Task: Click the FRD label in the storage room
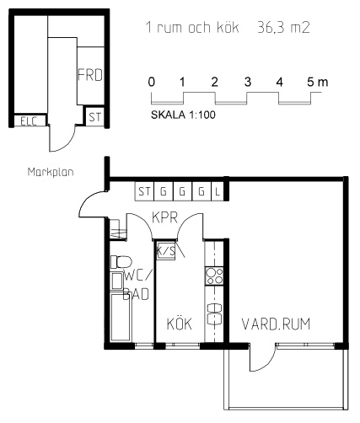click(x=90, y=75)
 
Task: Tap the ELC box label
click(x=29, y=121)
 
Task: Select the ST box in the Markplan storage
click(x=95, y=116)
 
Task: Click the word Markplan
click(x=51, y=172)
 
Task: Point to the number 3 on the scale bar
click(x=247, y=82)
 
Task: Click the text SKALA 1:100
click(x=183, y=115)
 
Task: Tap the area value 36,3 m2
click(x=283, y=28)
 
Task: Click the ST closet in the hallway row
click(x=144, y=191)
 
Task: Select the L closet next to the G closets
click(x=218, y=191)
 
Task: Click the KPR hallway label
click(x=165, y=217)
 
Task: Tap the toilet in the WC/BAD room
click(x=121, y=262)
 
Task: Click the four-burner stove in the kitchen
click(x=214, y=276)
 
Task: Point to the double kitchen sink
click(x=214, y=314)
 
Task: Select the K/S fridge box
click(x=165, y=250)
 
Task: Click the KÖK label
click(x=180, y=324)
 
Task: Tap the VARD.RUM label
click(x=276, y=324)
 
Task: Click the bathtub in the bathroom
click(x=121, y=317)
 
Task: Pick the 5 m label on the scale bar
click(x=318, y=82)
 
